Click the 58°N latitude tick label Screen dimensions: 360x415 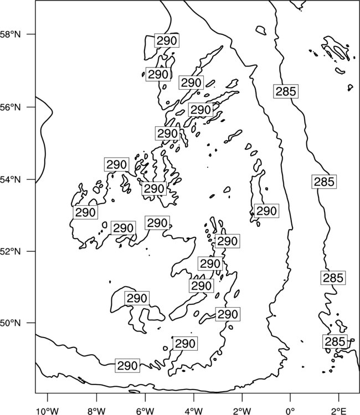pos(10,34)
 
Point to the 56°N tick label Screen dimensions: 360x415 pos(10,107)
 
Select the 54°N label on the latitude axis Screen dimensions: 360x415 pos(10,180)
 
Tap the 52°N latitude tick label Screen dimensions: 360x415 pos(10,251)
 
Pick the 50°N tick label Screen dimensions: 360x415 pos(10,323)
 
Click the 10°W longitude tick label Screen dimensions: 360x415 pos(47,411)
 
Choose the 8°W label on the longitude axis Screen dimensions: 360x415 pos(96,411)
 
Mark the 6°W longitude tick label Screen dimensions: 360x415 pos(145,411)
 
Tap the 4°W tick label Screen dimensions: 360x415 pos(193,411)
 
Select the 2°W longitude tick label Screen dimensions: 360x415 pos(242,411)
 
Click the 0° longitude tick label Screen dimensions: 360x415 pos(290,411)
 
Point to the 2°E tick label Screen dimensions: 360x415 pos(338,411)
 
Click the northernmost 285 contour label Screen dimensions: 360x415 pos(286,91)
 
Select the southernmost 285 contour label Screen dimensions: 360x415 pos(335,341)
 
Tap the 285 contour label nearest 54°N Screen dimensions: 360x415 pos(324,181)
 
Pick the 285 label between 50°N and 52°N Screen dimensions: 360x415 pos(333,278)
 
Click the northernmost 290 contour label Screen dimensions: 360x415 pos(167,40)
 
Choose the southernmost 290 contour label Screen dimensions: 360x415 pos(127,366)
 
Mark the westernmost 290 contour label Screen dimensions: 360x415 pos(85,212)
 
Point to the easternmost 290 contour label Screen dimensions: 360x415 pos(267,211)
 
